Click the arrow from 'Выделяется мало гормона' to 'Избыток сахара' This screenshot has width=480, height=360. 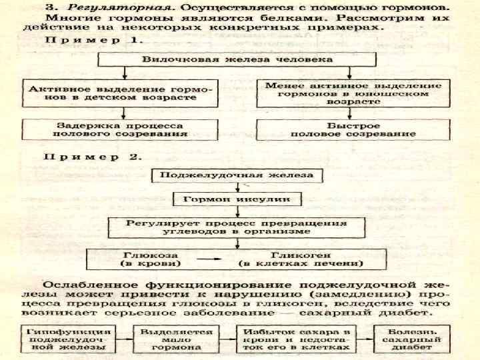[226, 339]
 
